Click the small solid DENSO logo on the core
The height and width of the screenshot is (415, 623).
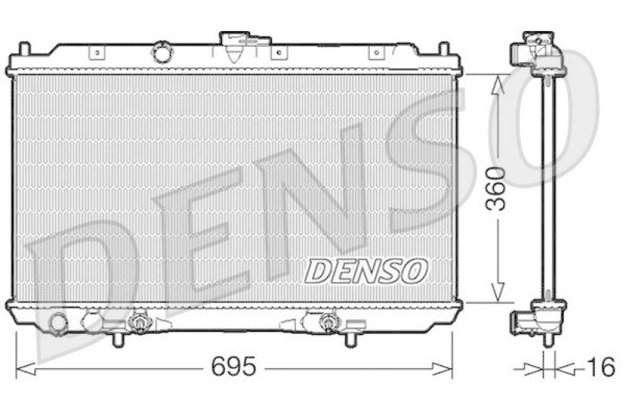click(x=365, y=271)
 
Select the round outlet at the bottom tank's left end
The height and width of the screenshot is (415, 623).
click(x=58, y=322)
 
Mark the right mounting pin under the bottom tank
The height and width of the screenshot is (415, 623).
click(x=350, y=339)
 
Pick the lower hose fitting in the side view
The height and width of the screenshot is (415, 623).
click(x=522, y=320)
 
